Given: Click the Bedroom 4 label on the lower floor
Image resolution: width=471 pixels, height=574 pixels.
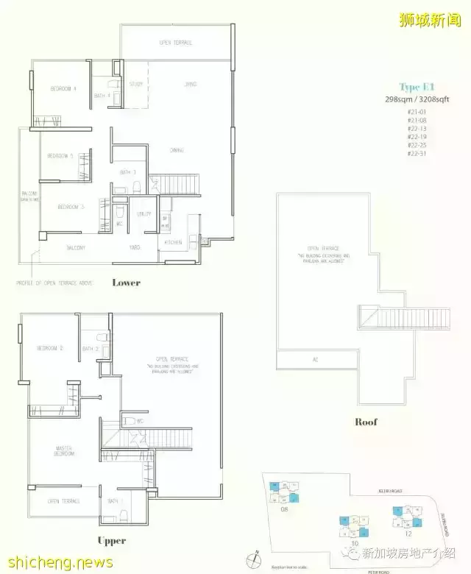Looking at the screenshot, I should point(63,89).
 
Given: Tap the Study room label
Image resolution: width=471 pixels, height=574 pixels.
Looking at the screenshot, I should point(135,85).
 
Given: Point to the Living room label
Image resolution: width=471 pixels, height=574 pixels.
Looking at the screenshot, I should point(191,85).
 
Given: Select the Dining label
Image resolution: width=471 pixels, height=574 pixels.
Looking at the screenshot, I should point(177,150).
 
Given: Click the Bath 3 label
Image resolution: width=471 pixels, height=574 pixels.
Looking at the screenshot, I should point(128,172).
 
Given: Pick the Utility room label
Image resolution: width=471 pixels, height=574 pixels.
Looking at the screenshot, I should point(144,214).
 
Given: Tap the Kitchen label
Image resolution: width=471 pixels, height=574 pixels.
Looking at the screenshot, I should point(173,242).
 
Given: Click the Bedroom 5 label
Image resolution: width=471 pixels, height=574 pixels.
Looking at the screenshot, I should point(60,156).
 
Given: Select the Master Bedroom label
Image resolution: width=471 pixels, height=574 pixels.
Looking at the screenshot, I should point(64,450).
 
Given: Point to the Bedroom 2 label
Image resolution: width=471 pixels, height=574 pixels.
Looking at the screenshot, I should point(52,348).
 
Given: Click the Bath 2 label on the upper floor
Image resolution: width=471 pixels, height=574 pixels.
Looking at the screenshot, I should point(91,349).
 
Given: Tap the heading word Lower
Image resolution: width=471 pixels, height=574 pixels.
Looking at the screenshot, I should point(126,283).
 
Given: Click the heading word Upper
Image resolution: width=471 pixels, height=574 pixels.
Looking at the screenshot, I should point(112,541).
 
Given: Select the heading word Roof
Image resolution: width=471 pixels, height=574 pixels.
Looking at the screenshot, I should point(366,422).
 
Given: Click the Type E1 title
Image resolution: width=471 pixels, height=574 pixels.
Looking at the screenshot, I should point(417,87).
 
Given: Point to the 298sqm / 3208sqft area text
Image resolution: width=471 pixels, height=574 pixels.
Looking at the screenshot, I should point(417,100).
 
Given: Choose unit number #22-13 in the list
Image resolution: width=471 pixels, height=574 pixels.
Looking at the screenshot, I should point(417,127).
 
